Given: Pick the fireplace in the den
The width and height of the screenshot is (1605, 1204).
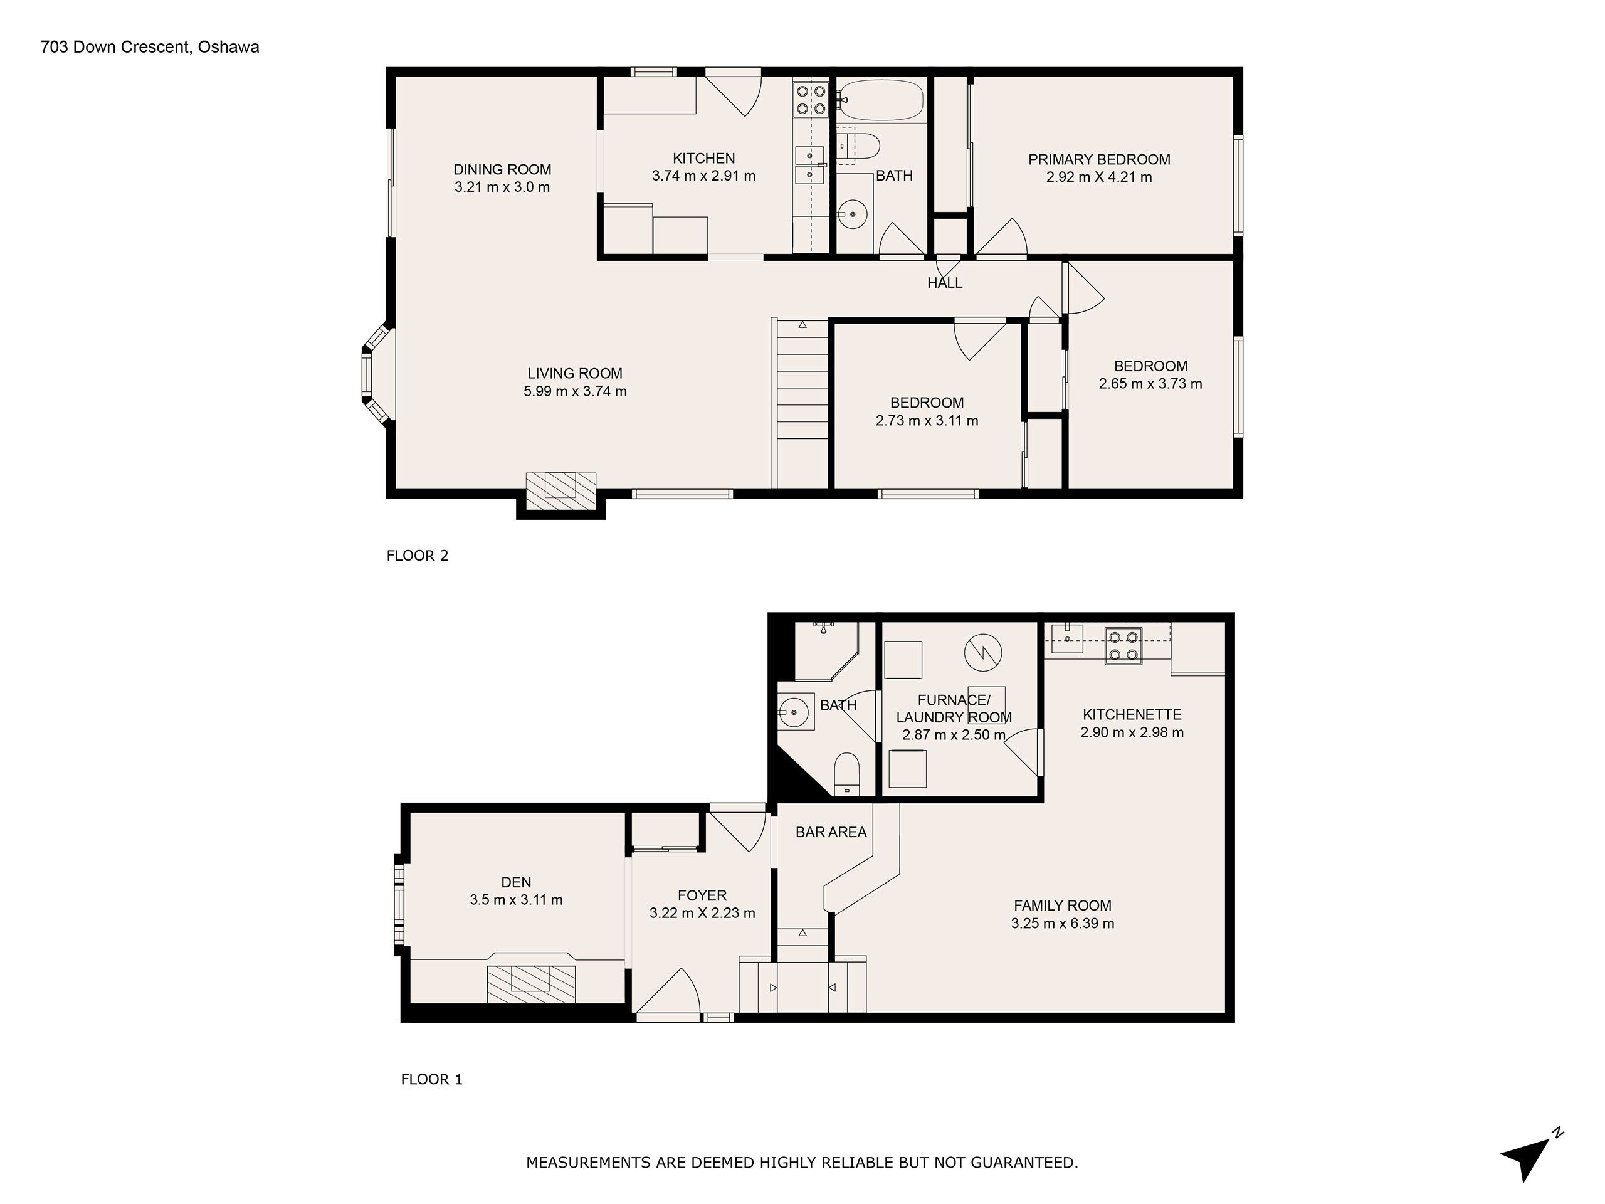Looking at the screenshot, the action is click(x=531, y=984).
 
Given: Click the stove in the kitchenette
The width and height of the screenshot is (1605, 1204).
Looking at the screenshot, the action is click(x=1123, y=645).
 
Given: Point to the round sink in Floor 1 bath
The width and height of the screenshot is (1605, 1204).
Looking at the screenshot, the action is click(x=794, y=712).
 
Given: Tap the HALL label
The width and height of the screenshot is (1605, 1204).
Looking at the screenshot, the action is click(x=945, y=283).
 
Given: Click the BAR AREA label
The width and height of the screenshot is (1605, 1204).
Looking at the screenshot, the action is click(x=831, y=832).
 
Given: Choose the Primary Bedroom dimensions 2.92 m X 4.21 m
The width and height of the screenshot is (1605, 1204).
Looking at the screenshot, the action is click(x=1098, y=177).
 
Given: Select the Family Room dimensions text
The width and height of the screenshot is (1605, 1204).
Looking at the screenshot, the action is click(x=1062, y=924).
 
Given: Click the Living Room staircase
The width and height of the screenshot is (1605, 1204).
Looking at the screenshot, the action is click(x=801, y=403).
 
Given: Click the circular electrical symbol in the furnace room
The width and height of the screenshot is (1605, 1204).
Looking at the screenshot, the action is click(x=982, y=652).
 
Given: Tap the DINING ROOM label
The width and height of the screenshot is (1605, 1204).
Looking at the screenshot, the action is click(x=502, y=170).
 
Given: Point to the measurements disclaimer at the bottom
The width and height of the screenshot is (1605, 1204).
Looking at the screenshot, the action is click(x=802, y=1163).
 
